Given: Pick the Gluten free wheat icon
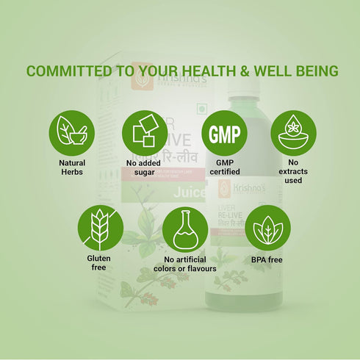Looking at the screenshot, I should [x=100, y=228].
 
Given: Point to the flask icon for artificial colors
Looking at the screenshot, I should [x=184, y=228].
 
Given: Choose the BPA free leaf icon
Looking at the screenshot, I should [x=267, y=228].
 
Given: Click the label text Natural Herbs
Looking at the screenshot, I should [x=71, y=168].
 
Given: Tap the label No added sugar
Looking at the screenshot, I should [x=144, y=168].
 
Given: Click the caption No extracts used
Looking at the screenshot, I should [x=293, y=172].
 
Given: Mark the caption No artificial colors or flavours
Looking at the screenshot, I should [x=184, y=264].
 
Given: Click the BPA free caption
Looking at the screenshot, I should [x=267, y=259].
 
